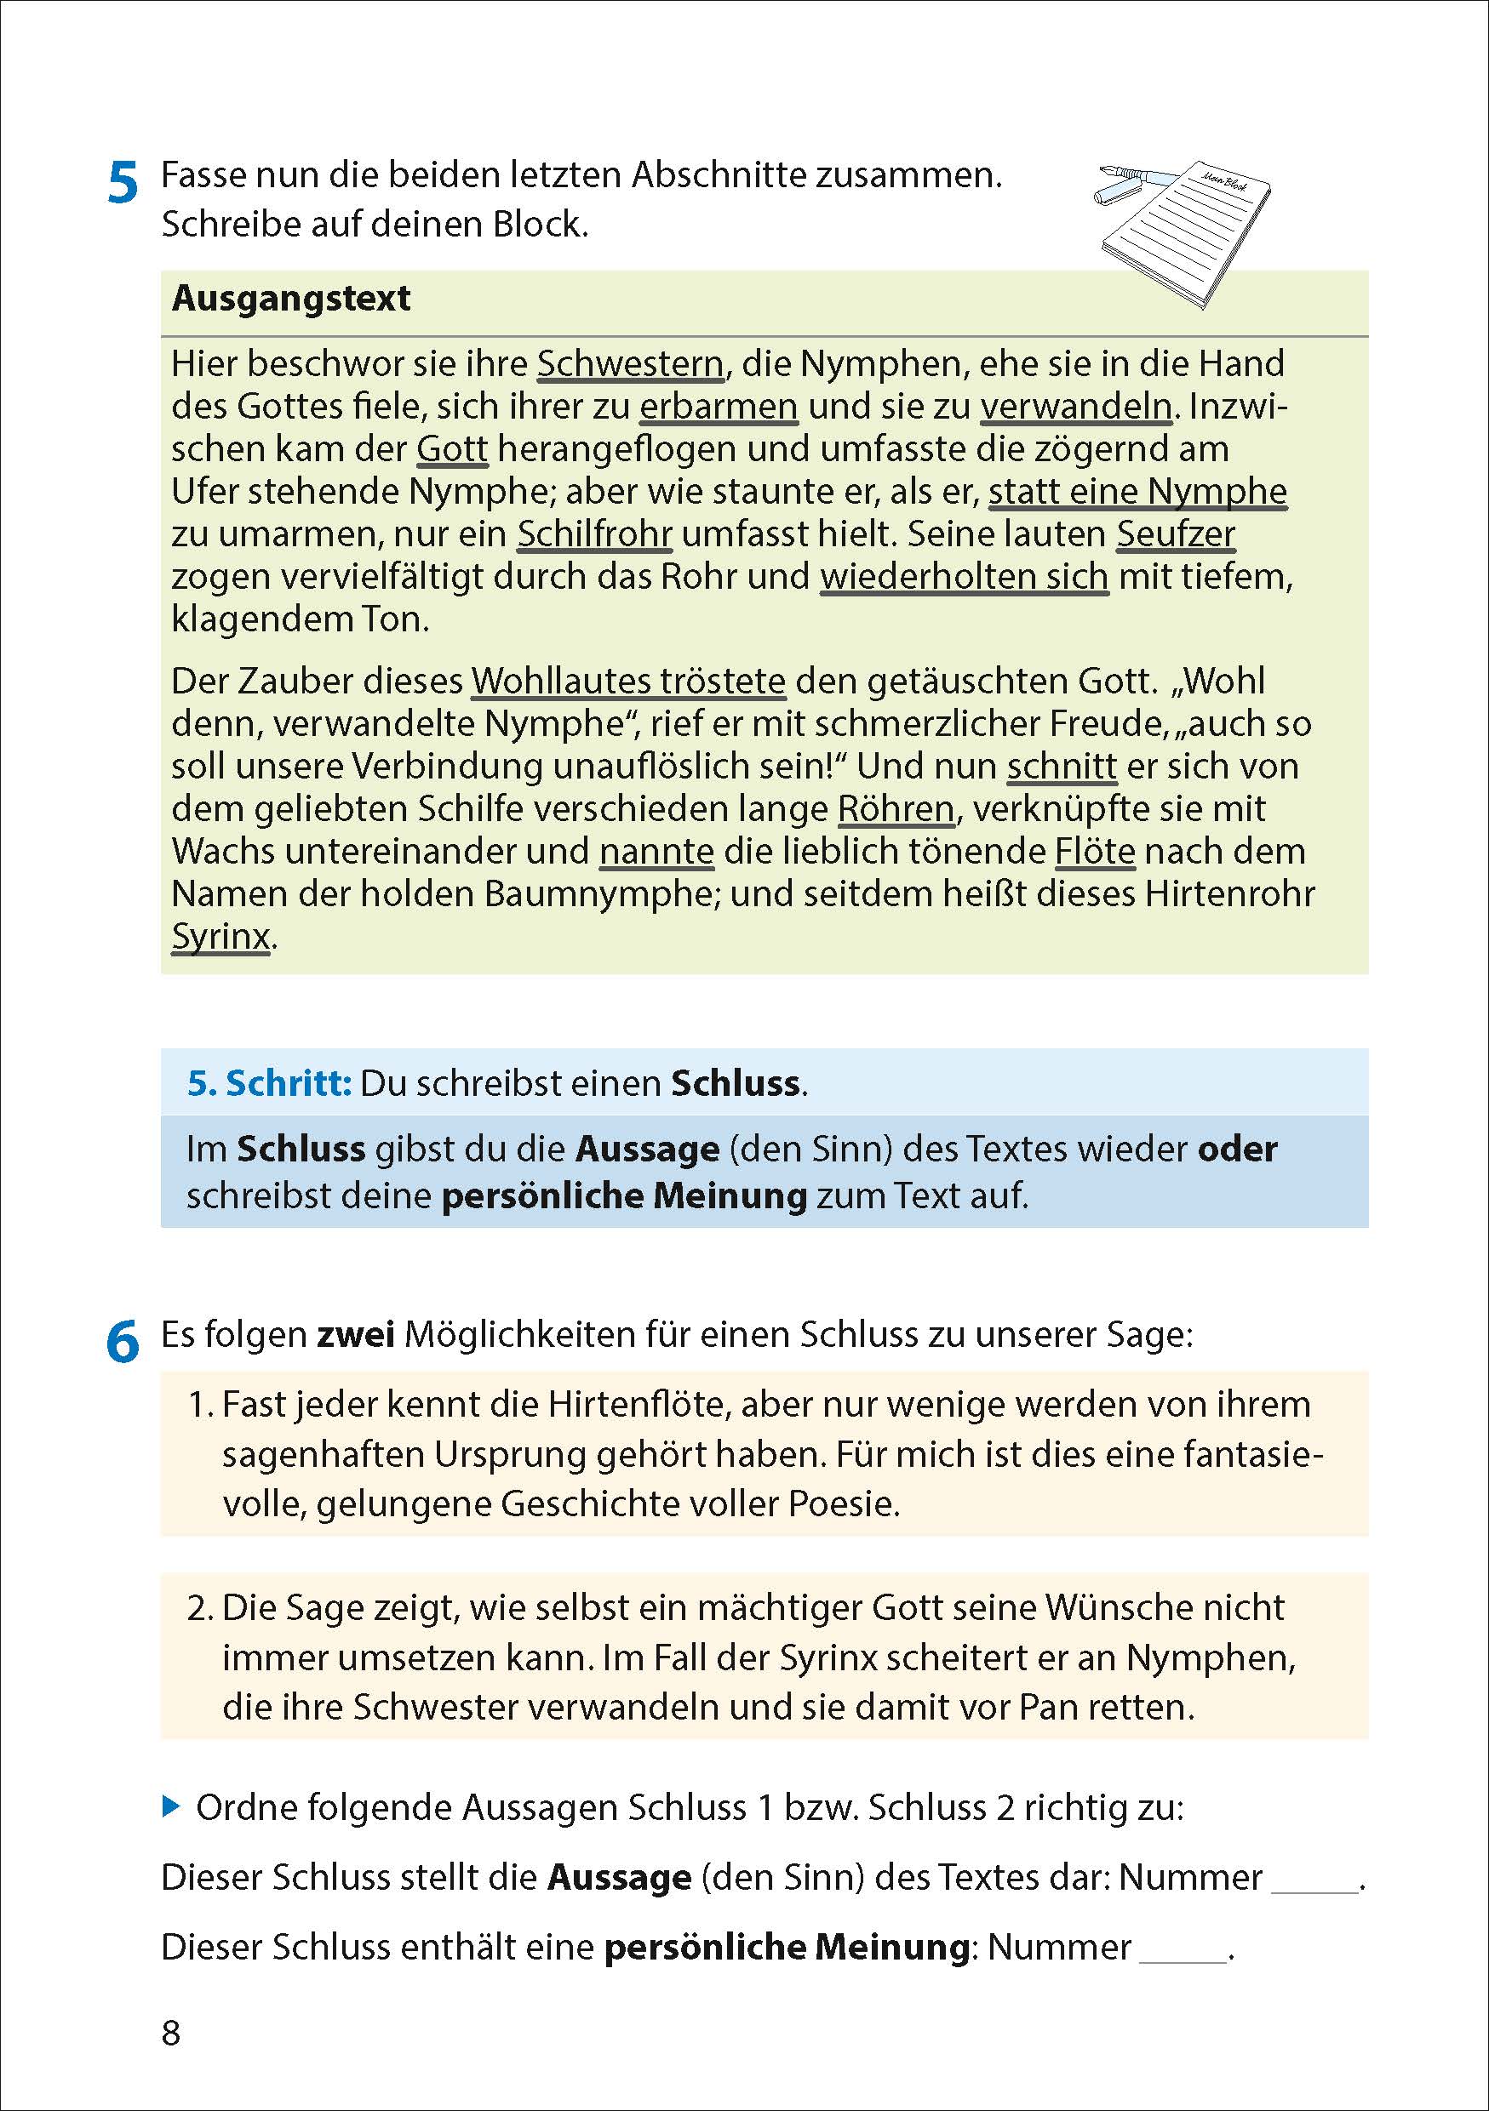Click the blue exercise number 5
click(123, 183)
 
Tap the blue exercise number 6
click(123, 1342)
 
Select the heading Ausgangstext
click(290, 299)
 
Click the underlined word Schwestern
click(631, 365)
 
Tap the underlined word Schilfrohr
click(594, 534)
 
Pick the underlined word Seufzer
click(1176, 534)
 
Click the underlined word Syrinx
click(220, 937)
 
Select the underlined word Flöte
click(1095, 852)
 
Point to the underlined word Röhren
click(895, 809)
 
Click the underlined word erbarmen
click(719, 407)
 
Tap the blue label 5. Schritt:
click(268, 1083)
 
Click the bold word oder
click(1237, 1150)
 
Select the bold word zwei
click(355, 1334)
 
